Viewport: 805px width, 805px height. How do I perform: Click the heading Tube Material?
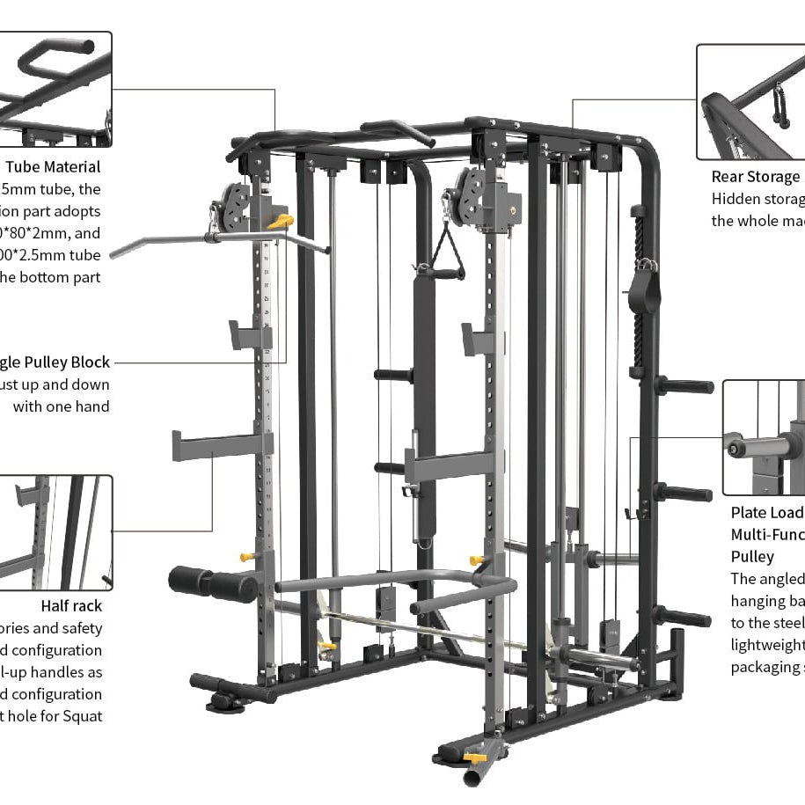pos(53,166)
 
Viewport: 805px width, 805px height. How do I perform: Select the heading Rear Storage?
pos(756,177)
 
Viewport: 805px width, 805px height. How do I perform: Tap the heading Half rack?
pos(71,605)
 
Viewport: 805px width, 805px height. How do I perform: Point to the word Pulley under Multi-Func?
pos(752,556)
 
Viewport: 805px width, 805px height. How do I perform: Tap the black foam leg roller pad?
pos(212,584)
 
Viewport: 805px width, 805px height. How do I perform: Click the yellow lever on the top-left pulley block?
pos(281,222)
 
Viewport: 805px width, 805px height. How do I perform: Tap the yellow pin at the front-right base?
pos(475,757)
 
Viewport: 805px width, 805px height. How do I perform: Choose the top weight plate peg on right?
pos(684,385)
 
